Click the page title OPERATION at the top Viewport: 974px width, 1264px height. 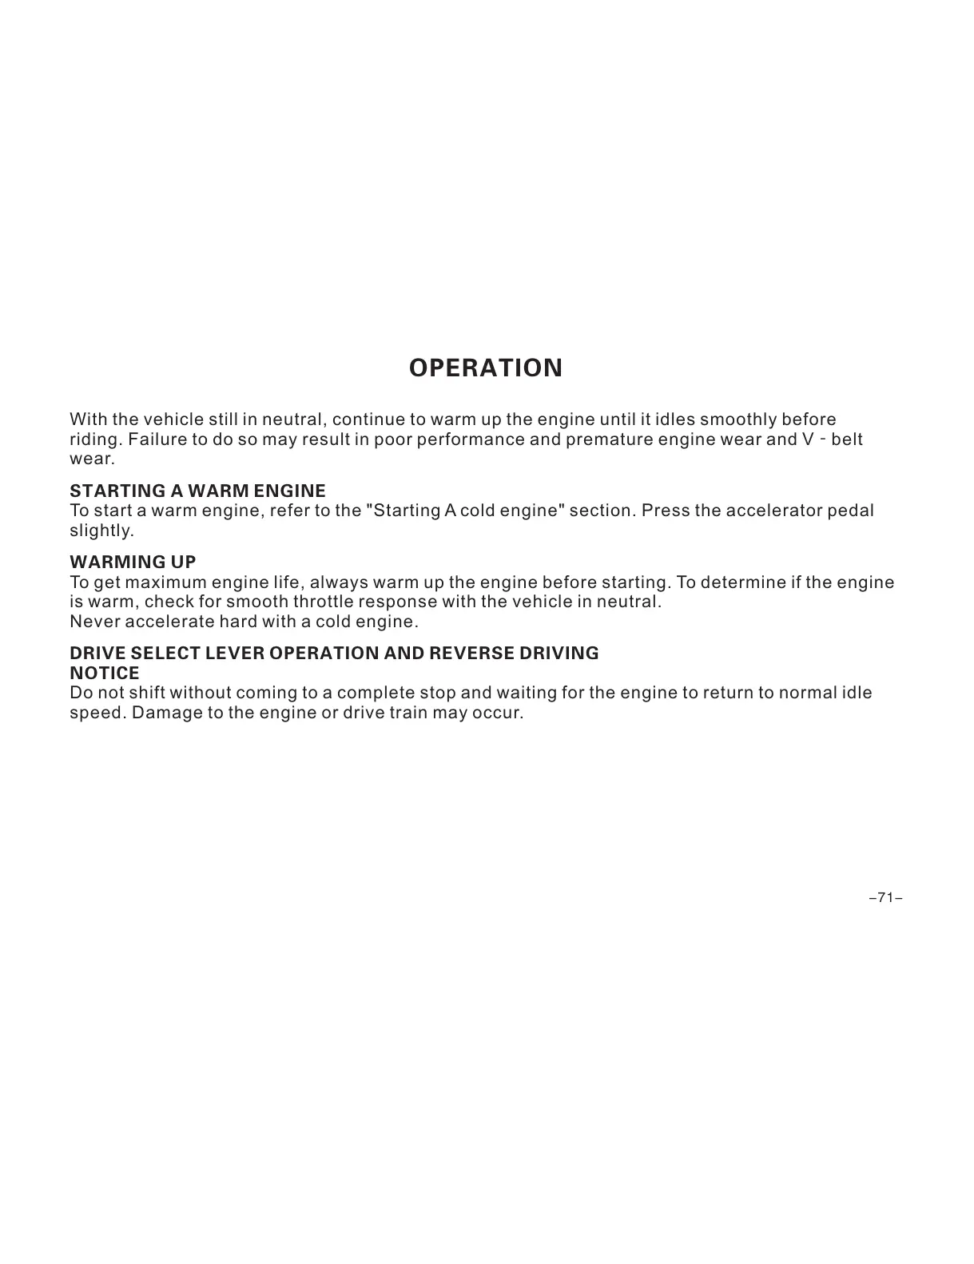pyautogui.click(x=485, y=368)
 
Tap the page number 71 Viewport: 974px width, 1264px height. pyautogui.click(x=885, y=898)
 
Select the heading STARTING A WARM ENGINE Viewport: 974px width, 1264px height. pyautogui.click(x=197, y=491)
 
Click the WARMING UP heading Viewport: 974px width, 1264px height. pyautogui.click(x=133, y=562)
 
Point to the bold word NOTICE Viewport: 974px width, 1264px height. pyautogui.click(x=105, y=673)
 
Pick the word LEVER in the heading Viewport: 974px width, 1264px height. pyautogui.click(x=235, y=653)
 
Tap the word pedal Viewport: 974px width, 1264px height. pyautogui.click(x=852, y=511)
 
